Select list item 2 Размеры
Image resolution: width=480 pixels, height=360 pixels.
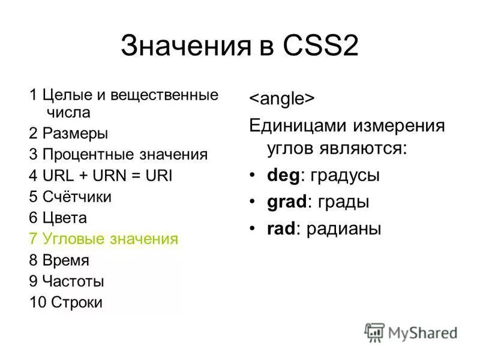[68, 133]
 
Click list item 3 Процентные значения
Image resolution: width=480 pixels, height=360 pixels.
[118, 154]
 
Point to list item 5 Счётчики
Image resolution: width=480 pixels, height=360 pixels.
[70, 197]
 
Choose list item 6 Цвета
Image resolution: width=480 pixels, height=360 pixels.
[58, 218]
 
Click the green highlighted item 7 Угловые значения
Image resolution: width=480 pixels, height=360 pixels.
[103, 239]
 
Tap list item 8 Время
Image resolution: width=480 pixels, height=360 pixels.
[59, 260]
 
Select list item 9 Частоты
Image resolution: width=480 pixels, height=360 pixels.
[66, 281]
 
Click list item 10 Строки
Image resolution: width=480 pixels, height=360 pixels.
[65, 302]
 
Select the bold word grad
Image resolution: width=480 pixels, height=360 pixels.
[286, 202]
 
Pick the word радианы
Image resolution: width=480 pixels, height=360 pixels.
[344, 229]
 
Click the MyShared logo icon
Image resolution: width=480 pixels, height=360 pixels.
[374, 332]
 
